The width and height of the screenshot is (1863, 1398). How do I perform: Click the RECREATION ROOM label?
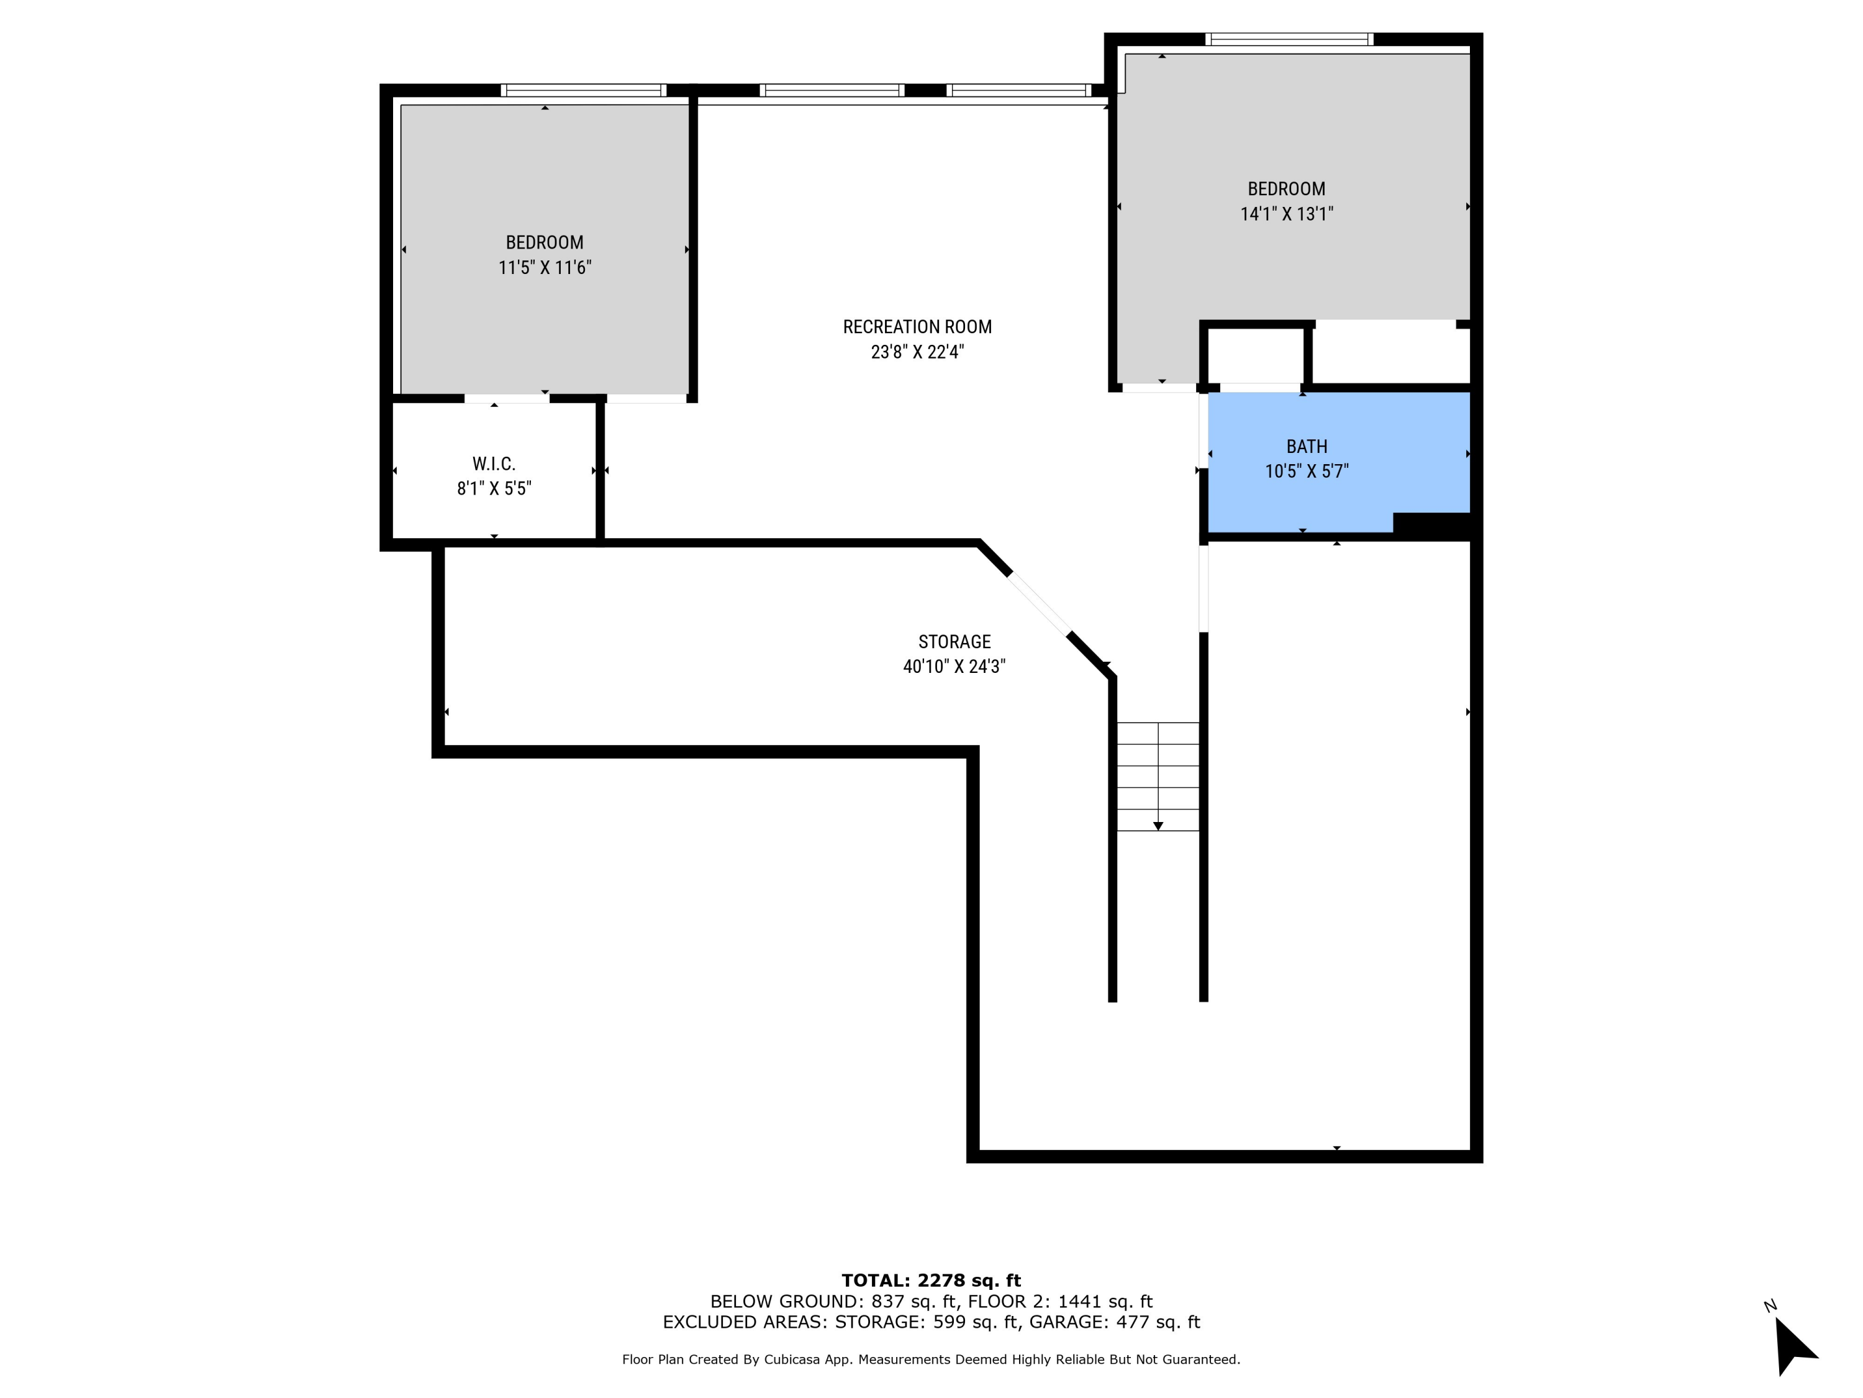pyautogui.click(x=917, y=327)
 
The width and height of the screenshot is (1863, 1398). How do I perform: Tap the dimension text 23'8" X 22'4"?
pyautogui.click(x=917, y=352)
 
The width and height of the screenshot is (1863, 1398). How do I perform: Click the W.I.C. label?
pyautogui.click(x=494, y=464)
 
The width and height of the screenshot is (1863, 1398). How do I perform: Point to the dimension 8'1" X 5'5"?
pyautogui.click(x=494, y=489)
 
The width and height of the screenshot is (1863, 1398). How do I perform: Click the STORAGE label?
pyautogui.click(x=954, y=642)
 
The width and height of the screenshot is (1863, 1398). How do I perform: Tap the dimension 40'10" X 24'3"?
pyautogui.click(x=954, y=667)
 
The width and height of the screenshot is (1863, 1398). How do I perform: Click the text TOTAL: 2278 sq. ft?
pyautogui.click(x=931, y=1281)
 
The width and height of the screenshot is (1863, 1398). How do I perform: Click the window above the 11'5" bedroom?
pyautogui.click(x=583, y=90)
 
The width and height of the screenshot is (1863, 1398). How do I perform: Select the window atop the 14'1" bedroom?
pyautogui.click(x=1289, y=39)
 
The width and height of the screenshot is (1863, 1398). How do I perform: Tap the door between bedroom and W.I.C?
pyautogui.click(x=506, y=399)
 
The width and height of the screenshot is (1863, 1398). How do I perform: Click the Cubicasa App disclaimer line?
pyautogui.click(x=931, y=1359)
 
